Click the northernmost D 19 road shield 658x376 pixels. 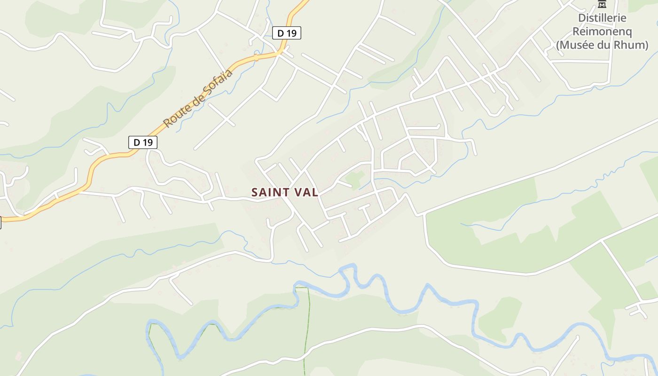point(287,33)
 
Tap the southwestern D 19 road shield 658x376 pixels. point(143,142)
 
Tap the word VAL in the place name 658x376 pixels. point(306,192)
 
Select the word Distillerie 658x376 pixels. point(602,18)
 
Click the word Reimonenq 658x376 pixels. point(602,31)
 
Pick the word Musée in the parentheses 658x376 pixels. point(577,45)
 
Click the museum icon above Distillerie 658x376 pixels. point(602,4)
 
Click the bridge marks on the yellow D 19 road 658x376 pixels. point(256,57)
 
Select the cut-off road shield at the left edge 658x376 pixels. point(0,222)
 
